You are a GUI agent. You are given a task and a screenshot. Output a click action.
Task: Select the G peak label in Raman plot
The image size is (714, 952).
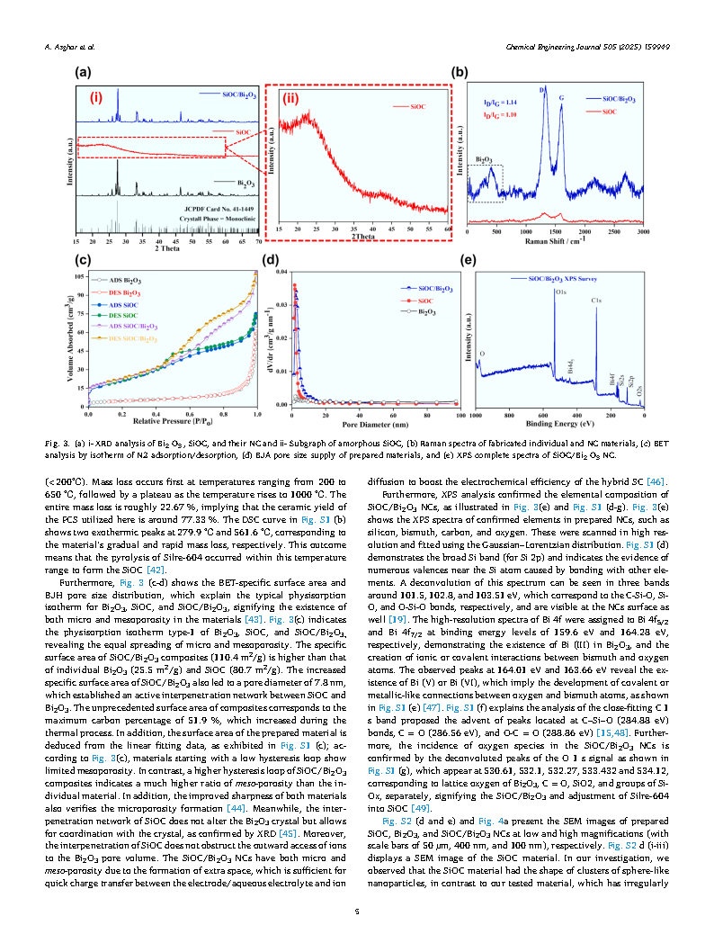click(x=562, y=96)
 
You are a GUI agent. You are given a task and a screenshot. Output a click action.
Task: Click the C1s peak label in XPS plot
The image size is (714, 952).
click(x=596, y=299)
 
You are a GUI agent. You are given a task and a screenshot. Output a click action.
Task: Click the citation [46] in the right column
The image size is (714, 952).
click(x=655, y=482)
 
